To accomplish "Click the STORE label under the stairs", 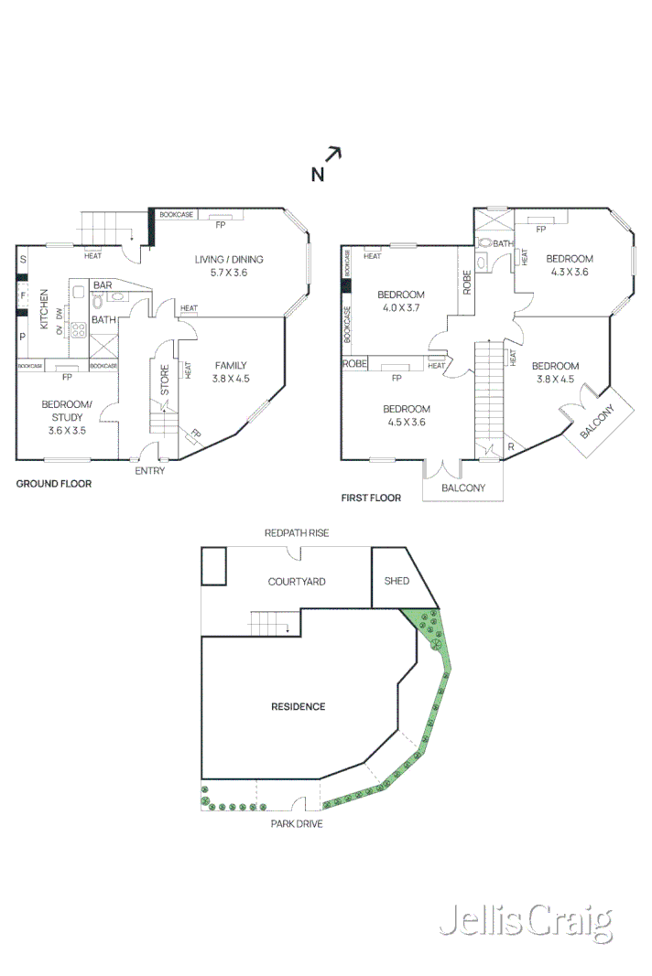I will pyautogui.click(x=165, y=379).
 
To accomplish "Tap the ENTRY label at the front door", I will pyautogui.click(x=150, y=471).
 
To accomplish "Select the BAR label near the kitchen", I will pyautogui.click(x=103, y=285).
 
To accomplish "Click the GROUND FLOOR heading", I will pyautogui.click(x=54, y=483).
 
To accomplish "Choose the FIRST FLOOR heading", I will pyautogui.click(x=371, y=498).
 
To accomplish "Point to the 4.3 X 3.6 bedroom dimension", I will pyautogui.click(x=570, y=272).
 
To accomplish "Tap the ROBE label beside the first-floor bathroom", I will pyautogui.click(x=467, y=281).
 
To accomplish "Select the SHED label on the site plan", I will pyautogui.click(x=397, y=581).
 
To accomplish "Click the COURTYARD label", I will pyautogui.click(x=297, y=582).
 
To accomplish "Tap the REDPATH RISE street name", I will pyautogui.click(x=297, y=532).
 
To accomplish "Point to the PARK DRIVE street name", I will pyautogui.click(x=297, y=823).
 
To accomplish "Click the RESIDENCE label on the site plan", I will pyautogui.click(x=298, y=706).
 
